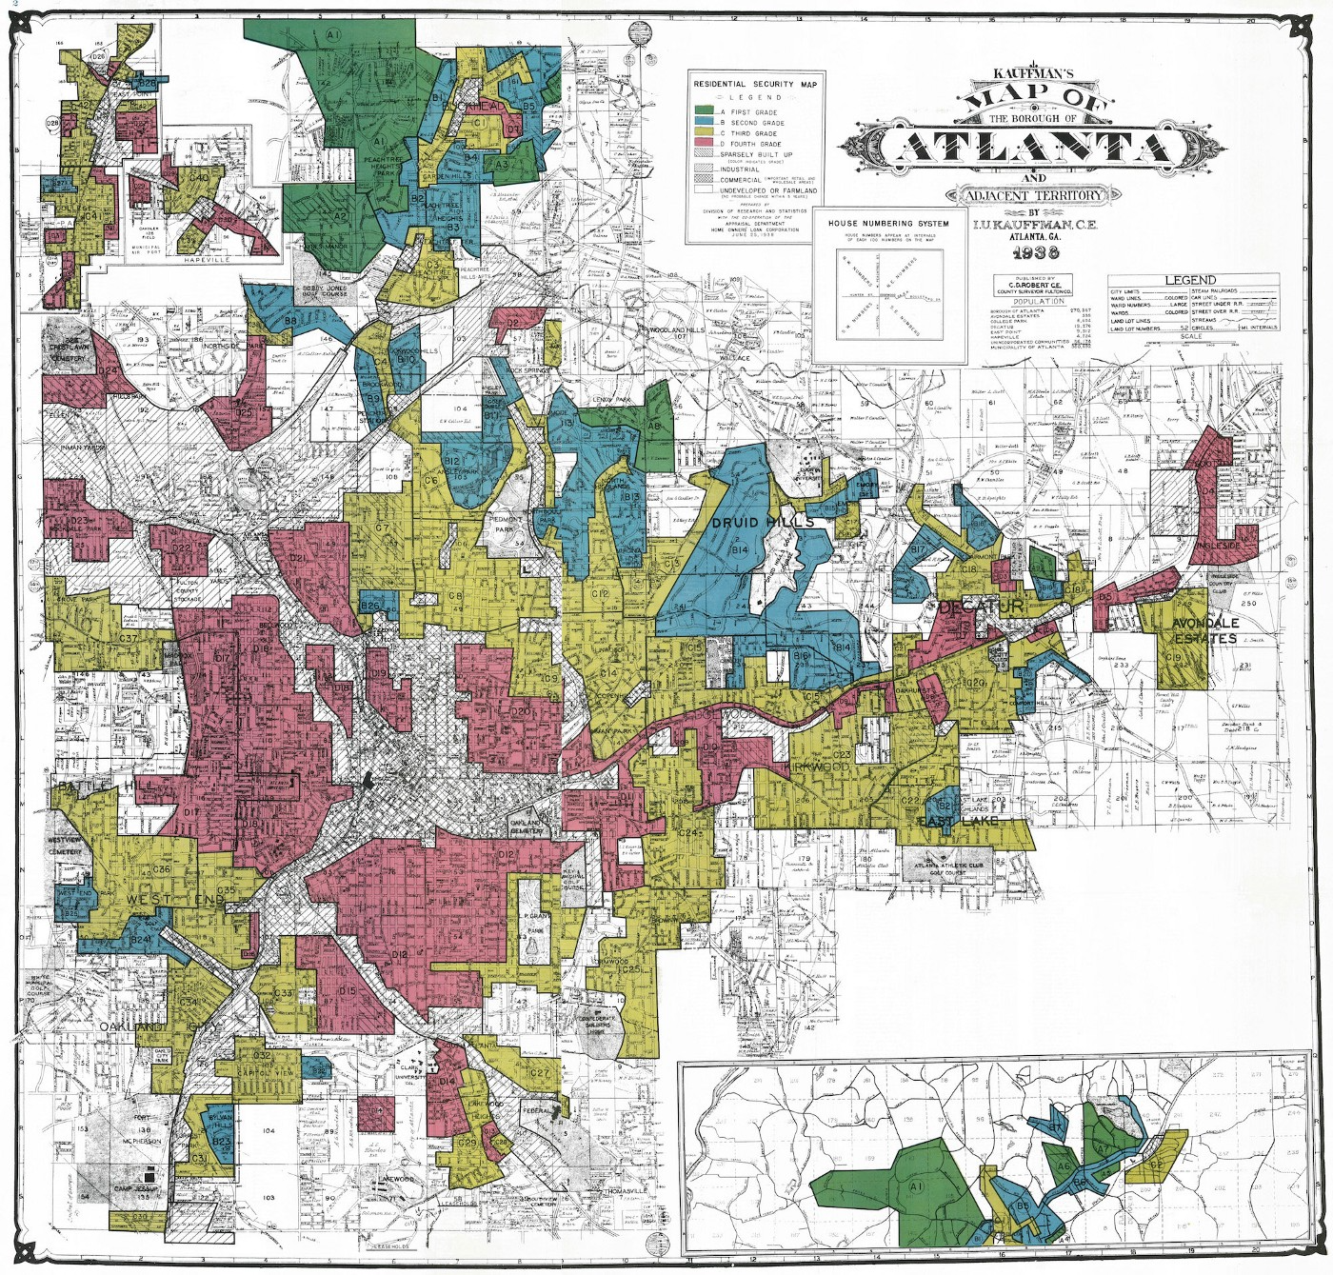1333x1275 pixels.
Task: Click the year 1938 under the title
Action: point(1035,252)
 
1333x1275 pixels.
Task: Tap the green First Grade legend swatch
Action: point(706,111)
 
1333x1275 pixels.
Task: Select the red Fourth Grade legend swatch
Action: point(706,144)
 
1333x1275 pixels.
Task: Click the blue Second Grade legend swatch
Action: point(706,123)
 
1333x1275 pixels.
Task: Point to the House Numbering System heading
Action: point(887,223)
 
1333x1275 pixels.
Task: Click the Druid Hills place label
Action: point(763,522)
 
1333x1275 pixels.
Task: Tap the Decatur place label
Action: point(981,607)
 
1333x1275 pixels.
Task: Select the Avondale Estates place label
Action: point(1204,630)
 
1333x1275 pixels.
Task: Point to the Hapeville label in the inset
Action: point(208,259)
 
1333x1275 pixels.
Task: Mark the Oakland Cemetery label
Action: point(527,827)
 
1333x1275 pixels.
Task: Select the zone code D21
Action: point(297,558)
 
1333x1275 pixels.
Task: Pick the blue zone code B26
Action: point(370,606)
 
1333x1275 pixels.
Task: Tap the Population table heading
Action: point(1039,301)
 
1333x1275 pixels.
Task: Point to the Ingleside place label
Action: point(1220,546)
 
